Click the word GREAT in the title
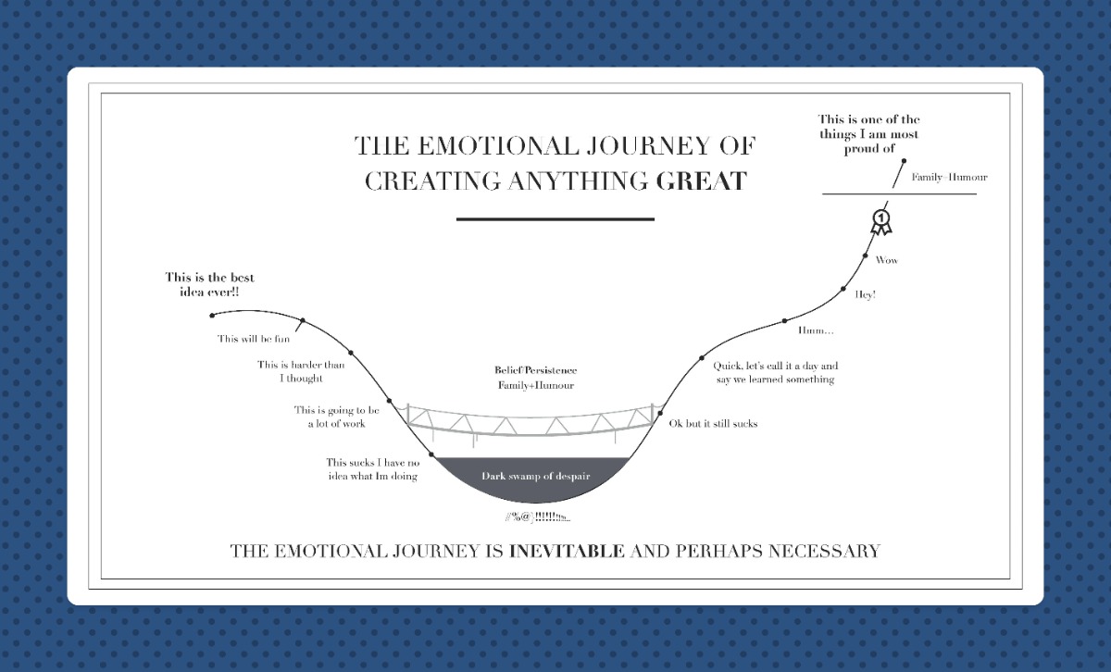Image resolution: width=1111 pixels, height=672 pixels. point(701,180)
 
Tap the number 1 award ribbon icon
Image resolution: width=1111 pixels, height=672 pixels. point(880,221)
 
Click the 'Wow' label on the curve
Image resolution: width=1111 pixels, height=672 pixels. point(887,260)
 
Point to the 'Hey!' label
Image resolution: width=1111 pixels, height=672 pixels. point(866,294)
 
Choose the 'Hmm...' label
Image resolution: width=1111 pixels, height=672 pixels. point(816,330)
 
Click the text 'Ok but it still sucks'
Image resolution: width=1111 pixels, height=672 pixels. point(713,424)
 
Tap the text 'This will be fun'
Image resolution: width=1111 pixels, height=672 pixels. point(254,339)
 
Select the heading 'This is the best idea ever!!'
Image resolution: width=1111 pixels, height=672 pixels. point(209,284)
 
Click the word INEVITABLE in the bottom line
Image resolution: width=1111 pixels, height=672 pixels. point(568,552)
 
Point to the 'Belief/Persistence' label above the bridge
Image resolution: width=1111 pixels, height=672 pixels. point(535,370)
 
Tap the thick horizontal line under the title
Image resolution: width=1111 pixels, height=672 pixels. point(555,219)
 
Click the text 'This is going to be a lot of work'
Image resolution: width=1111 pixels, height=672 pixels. point(337,417)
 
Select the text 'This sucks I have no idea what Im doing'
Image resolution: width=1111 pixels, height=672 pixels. point(372,469)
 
